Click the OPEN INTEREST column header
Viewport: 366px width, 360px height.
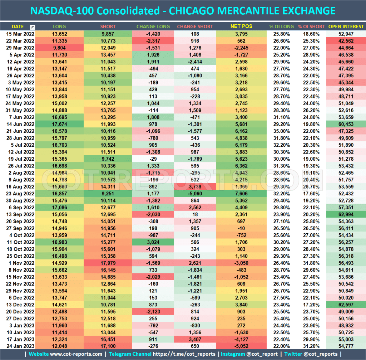tap(346, 26)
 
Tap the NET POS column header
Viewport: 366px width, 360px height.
tap(242, 26)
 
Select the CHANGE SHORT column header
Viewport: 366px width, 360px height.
tap(195, 26)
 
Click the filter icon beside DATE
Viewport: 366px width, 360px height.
tap(33, 27)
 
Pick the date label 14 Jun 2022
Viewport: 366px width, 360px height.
tap(20, 124)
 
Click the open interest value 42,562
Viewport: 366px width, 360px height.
tap(346, 41)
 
